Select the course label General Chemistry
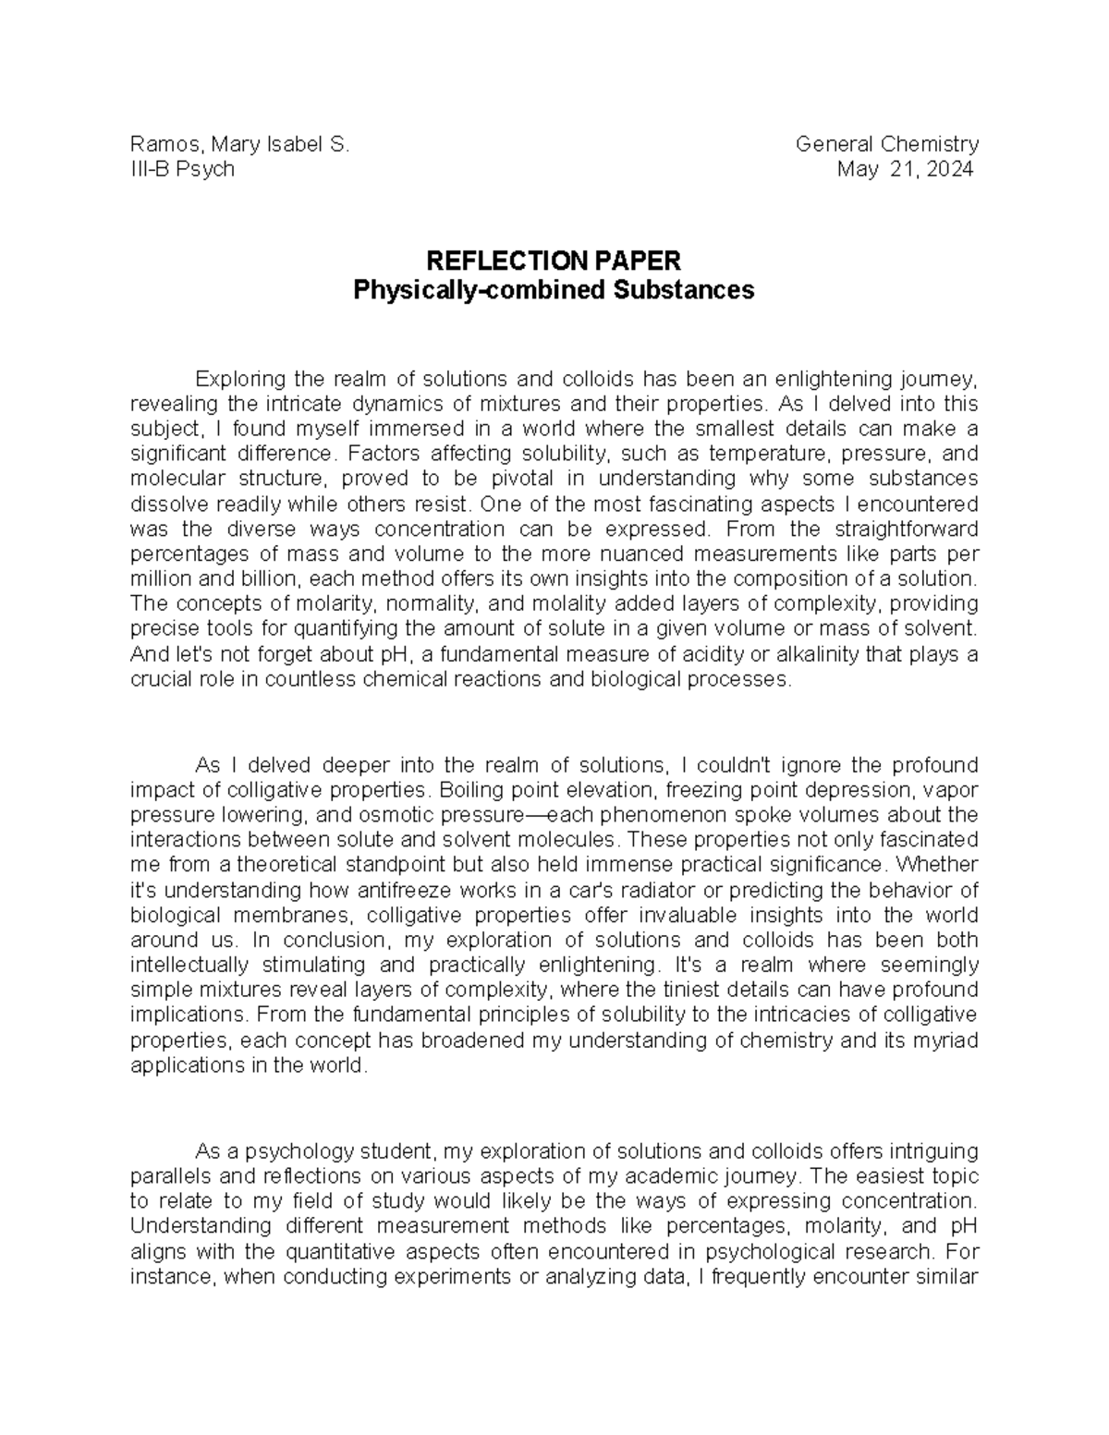point(886,144)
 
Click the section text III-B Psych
point(182,169)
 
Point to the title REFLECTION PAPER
point(553,261)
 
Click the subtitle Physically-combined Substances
point(554,290)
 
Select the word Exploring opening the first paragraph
point(240,379)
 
